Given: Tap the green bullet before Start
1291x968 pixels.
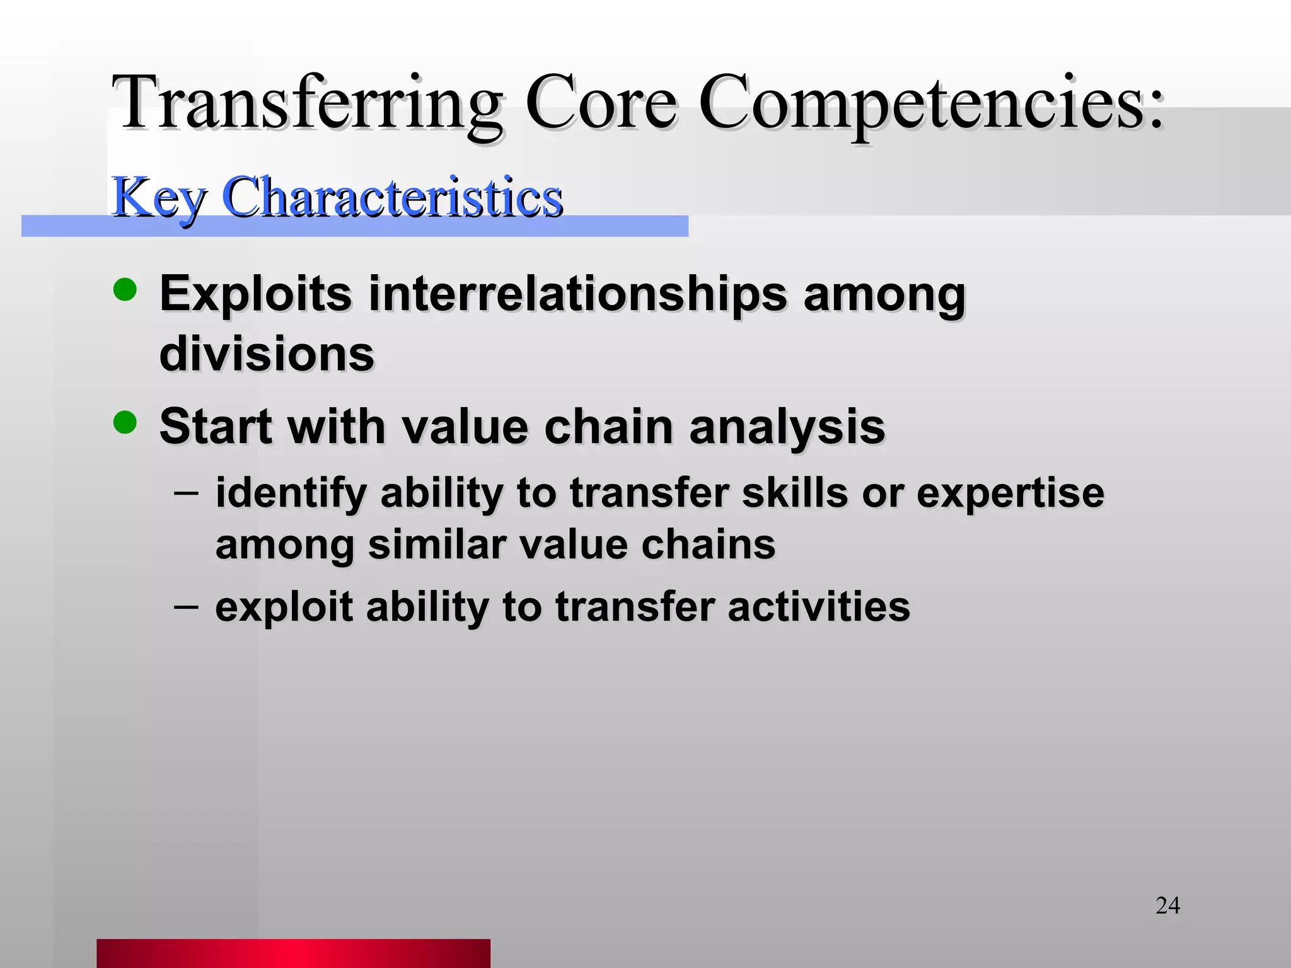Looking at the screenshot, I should [x=125, y=423].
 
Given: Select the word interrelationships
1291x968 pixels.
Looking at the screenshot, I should [x=577, y=294].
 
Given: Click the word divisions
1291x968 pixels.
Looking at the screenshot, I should [x=267, y=354].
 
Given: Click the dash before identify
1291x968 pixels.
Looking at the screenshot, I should [x=186, y=492].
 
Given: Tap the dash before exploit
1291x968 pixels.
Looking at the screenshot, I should [x=186, y=606].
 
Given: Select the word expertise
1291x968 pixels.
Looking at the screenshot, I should [x=1010, y=493].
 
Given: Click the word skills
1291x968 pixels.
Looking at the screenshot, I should [x=794, y=492].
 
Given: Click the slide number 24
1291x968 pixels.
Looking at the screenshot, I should [x=1167, y=906].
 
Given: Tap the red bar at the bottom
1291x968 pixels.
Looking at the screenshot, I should [x=293, y=953].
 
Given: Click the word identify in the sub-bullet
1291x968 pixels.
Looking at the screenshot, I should [x=291, y=493].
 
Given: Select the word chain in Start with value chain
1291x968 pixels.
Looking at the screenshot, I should [x=609, y=427].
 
